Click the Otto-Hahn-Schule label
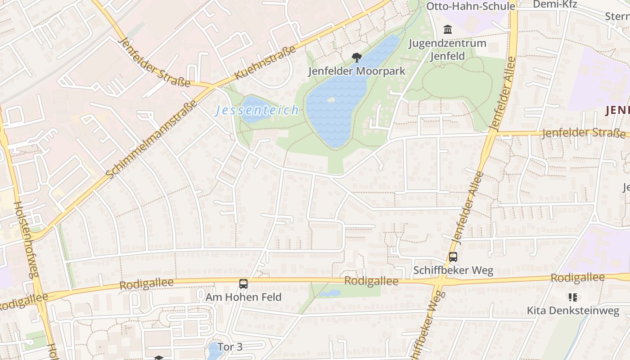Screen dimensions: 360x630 470,6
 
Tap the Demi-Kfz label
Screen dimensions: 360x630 554,4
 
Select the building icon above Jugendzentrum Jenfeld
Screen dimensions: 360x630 448,30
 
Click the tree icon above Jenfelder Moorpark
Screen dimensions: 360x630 356,58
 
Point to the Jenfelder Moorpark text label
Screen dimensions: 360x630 356,71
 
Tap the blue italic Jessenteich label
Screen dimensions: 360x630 257,110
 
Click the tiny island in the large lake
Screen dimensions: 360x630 331,100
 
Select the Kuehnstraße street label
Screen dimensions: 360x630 265,63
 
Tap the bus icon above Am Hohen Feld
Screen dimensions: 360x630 243,284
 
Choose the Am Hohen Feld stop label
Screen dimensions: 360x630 243,297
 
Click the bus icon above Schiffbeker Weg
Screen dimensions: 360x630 453,257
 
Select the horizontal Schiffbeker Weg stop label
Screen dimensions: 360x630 453,270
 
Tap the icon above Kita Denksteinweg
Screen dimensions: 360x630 572,297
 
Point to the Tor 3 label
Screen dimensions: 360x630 230,346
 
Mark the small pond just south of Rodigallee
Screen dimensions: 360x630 330,293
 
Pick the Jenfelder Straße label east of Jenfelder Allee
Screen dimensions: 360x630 583,133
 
